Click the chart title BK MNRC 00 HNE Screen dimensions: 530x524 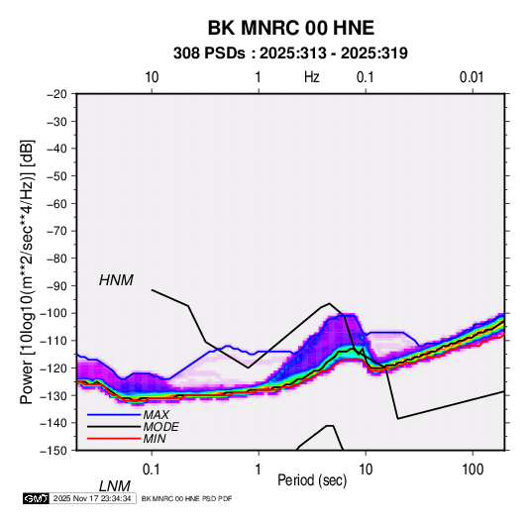tap(290, 28)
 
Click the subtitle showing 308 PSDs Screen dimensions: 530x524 tap(290, 53)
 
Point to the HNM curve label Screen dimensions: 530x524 tap(116, 280)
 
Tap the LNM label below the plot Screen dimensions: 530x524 tap(115, 486)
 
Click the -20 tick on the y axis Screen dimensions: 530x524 tap(56, 94)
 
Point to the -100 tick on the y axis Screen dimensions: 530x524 tap(53, 313)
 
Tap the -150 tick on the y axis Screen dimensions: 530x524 tap(53, 451)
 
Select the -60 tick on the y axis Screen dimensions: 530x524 tap(56, 203)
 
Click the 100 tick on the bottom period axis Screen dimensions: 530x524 tap(473, 470)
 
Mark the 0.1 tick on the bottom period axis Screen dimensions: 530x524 tap(151, 470)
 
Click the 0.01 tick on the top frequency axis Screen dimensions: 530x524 tap(472, 77)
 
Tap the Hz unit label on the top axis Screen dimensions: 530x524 tap(312, 77)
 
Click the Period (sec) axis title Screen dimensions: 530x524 tap(312, 480)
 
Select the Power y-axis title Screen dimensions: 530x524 tap(27, 272)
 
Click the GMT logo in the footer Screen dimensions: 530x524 tap(36, 498)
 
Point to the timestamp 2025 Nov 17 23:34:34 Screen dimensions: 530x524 tap(92, 498)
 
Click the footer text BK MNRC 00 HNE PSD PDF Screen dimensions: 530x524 tap(186, 498)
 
